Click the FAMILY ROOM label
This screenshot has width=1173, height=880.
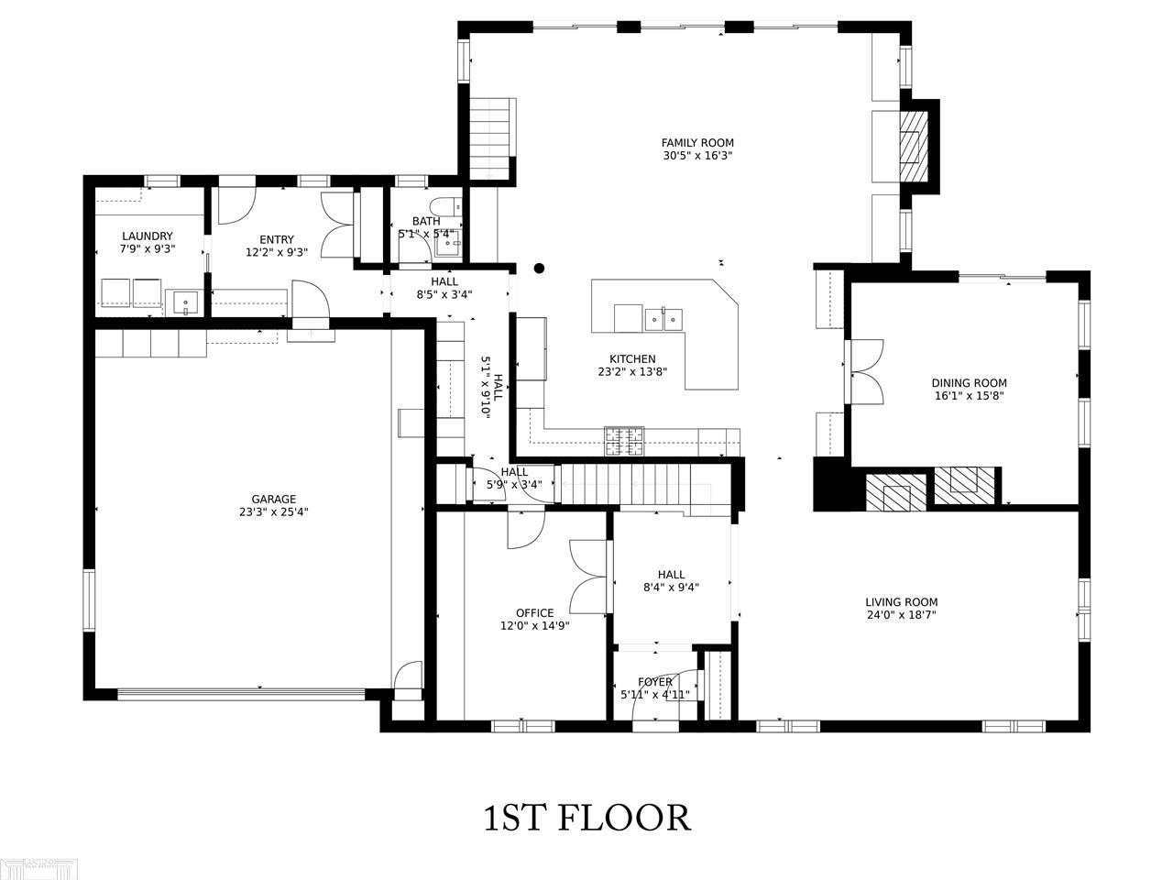[697, 143]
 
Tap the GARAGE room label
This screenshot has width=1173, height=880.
[274, 499]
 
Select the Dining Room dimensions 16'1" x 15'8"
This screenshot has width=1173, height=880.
[969, 396]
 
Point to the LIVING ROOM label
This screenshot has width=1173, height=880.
[902, 602]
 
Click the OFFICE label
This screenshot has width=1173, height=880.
[535, 613]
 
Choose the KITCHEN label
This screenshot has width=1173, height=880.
[632, 359]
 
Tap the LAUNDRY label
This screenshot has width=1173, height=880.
[148, 236]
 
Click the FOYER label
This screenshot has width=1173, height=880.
[655, 682]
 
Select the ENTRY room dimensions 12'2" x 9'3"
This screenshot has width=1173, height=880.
[277, 252]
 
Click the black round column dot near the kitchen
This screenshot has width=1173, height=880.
[539, 269]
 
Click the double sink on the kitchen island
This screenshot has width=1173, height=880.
[663, 320]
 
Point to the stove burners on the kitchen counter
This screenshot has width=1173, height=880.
[624, 441]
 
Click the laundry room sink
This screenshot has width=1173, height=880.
[185, 302]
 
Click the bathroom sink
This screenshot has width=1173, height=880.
[448, 246]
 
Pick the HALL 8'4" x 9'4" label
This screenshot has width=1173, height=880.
[671, 581]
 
